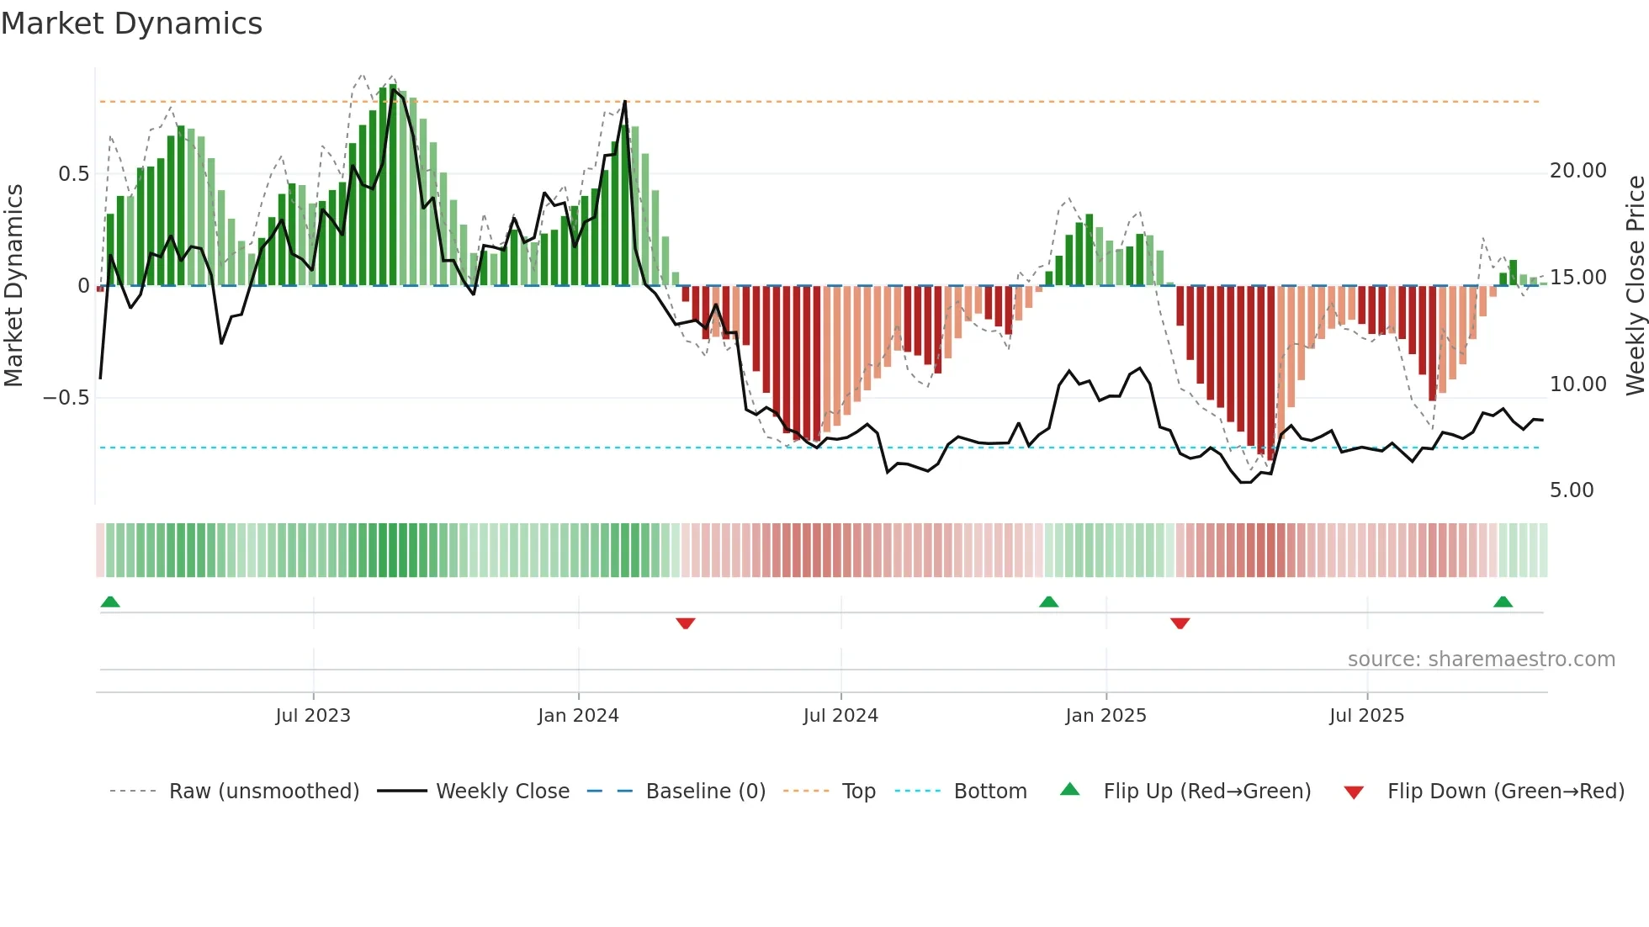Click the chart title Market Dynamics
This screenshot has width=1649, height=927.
(x=132, y=24)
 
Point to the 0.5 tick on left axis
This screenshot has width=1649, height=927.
(x=73, y=174)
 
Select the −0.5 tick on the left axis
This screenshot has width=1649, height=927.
(x=66, y=398)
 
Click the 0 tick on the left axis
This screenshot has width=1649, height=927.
(x=83, y=286)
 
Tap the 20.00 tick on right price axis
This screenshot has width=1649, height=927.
(x=1577, y=171)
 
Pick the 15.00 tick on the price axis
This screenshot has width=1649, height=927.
(x=1577, y=278)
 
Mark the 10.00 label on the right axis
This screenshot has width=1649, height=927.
(x=1577, y=384)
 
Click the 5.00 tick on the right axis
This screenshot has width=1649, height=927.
(x=1571, y=490)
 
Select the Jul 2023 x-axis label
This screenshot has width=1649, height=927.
(x=313, y=716)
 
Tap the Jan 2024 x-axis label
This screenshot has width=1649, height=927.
(x=578, y=716)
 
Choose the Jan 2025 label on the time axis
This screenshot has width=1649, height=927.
(x=1106, y=716)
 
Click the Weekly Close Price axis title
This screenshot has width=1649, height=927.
(x=1635, y=286)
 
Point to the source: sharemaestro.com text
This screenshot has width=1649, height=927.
(x=1481, y=659)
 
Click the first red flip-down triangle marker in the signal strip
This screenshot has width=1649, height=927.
(x=686, y=622)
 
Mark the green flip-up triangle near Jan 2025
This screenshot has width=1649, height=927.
(x=1048, y=601)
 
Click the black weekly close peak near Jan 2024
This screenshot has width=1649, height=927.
(x=625, y=102)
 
